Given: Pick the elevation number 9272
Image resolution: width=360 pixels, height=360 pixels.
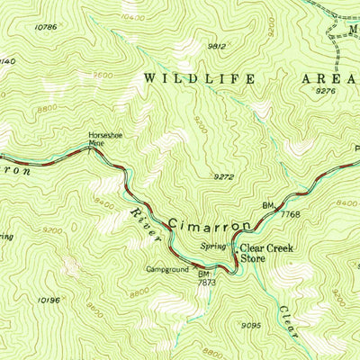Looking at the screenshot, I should click(224, 176).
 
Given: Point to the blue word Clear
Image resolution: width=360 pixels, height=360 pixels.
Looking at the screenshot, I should click(288, 320).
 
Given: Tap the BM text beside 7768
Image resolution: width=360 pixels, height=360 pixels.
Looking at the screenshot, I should click(268, 206).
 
